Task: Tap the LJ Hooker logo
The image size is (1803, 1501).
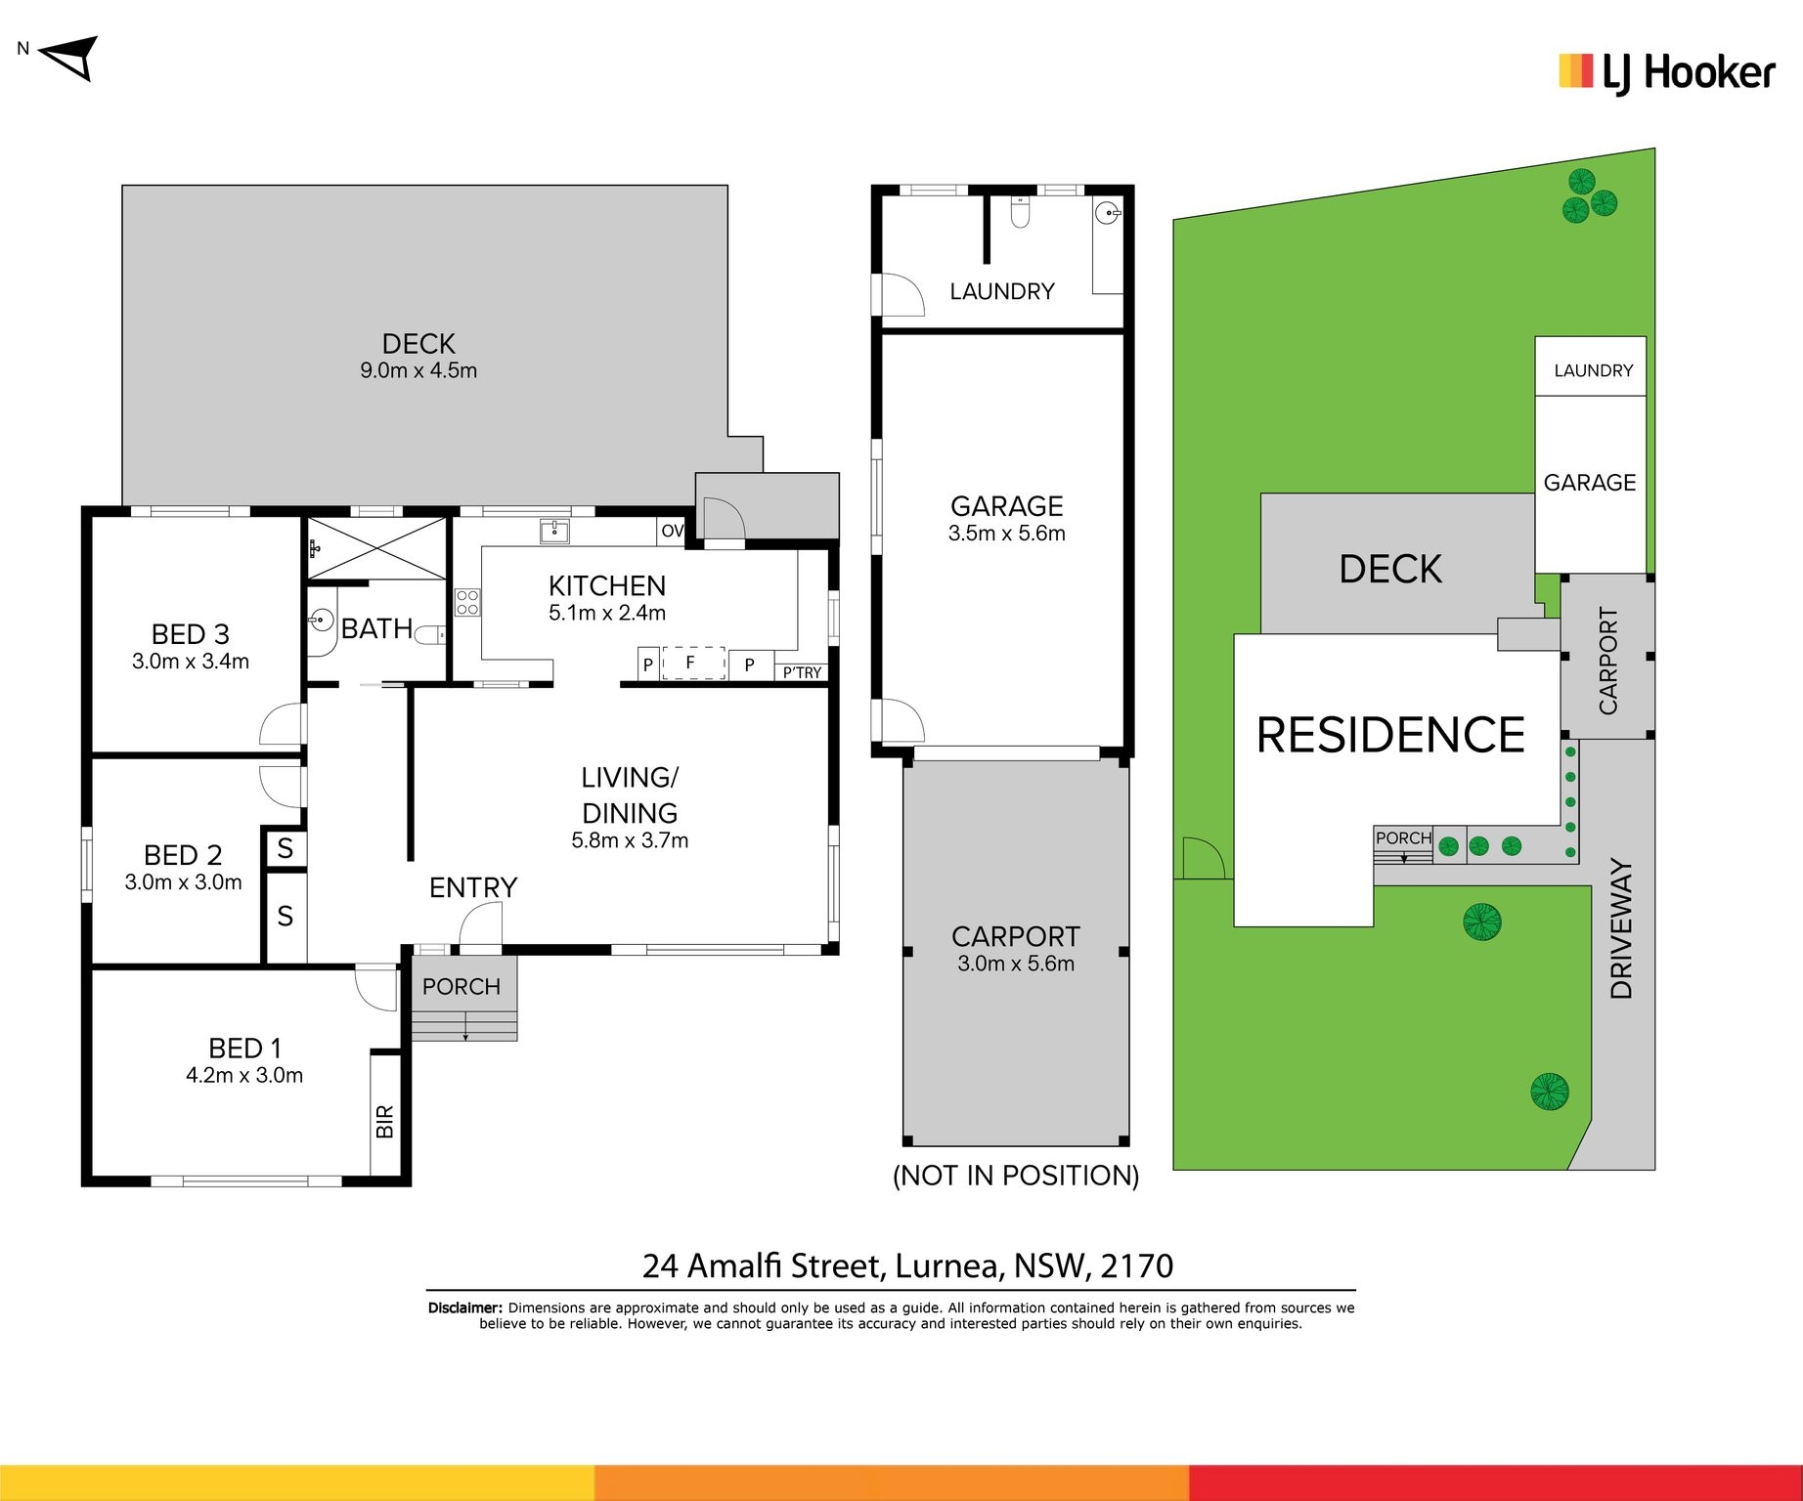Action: coord(1666,73)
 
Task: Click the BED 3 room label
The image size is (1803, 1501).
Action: coord(191,634)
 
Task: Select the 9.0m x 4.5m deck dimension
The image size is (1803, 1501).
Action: coord(418,370)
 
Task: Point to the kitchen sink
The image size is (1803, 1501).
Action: coord(554,531)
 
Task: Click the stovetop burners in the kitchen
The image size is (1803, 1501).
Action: coord(467,602)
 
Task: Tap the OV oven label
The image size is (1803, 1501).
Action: coord(673,531)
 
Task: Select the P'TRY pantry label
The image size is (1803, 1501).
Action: coord(802,672)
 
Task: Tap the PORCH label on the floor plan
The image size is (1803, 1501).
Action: coord(462,987)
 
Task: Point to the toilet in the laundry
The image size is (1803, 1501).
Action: coord(1020,211)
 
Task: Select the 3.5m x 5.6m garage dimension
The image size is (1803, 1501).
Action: coord(1007,534)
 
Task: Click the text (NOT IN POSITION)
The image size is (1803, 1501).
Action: coord(1016,1176)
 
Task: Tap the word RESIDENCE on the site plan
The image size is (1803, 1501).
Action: coord(1390,735)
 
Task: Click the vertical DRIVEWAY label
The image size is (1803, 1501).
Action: coord(1622,928)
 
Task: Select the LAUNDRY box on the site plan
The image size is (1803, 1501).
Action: coord(1591,366)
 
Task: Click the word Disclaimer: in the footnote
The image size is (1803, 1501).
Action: coord(465,1308)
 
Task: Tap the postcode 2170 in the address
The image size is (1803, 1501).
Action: coord(1136,1266)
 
